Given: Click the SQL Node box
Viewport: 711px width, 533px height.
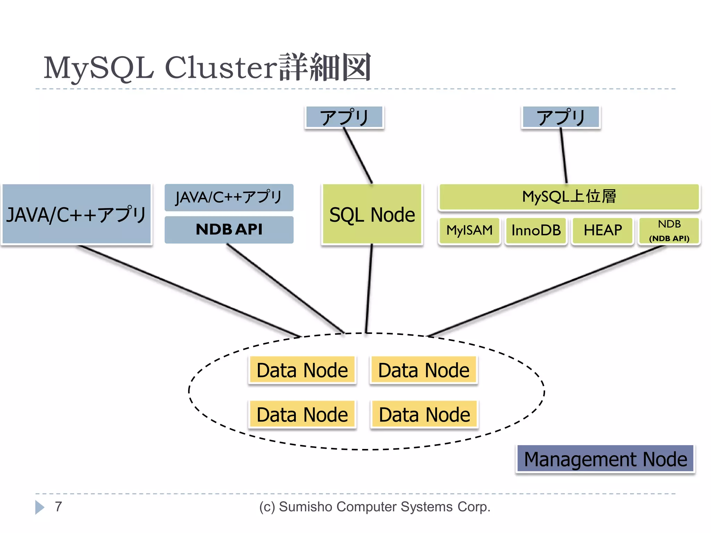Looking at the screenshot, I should [x=372, y=214].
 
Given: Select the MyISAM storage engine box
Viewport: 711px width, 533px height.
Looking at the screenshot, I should [x=469, y=230].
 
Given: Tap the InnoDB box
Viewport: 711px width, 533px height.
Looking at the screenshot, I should [x=536, y=230].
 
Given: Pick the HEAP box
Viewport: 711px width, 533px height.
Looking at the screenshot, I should [x=602, y=230].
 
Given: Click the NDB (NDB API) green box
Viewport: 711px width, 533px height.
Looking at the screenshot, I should [x=669, y=231].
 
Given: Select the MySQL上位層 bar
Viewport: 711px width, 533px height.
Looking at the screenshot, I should [x=569, y=197].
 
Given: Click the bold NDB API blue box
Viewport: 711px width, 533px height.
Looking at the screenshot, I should [x=229, y=229].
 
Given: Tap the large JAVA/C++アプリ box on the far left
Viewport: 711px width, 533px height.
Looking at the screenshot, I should [x=76, y=214].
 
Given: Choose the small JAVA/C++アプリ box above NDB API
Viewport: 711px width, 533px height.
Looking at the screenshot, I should [x=229, y=197].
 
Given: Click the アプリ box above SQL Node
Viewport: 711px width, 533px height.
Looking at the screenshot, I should [x=344, y=117].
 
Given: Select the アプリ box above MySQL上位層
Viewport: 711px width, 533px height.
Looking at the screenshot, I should [x=561, y=117].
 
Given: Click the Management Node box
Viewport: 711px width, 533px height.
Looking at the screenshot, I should [x=605, y=459].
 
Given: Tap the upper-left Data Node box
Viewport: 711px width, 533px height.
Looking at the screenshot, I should [x=302, y=370].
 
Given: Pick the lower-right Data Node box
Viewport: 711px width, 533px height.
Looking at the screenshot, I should [x=424, y=414].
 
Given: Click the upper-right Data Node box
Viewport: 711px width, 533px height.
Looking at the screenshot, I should [x=424, y=370].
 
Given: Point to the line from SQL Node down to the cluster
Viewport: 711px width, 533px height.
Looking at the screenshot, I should [x=369, y=288].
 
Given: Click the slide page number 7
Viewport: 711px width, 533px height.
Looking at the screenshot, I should [x=58, y=507].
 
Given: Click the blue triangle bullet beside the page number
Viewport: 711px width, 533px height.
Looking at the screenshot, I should [x=39, y=507].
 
